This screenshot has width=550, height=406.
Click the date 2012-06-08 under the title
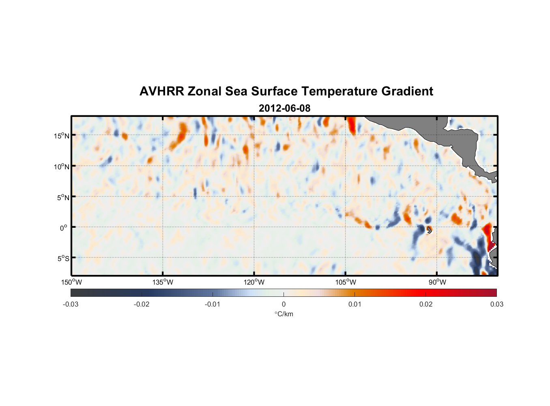pos(284,108)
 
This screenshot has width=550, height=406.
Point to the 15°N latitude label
pos(62,136)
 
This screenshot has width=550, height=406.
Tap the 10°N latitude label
pos(62,166)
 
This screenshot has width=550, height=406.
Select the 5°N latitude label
pos(63,197)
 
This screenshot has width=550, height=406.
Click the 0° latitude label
pos(64,228)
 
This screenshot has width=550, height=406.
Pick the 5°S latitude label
pos(63,259)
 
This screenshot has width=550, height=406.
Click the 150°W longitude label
pos(71,282)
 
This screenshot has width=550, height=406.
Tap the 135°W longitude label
pos(163,282)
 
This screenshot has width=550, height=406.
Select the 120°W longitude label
pos(254,282)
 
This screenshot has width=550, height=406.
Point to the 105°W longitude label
pos(346,282)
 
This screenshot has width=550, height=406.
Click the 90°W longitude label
pos(437,282)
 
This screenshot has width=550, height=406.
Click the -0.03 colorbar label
pos(71,304)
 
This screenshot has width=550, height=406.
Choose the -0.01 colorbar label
pos(212,304)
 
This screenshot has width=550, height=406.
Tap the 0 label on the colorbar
pos(284,304)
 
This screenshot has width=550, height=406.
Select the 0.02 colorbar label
pos(426,304)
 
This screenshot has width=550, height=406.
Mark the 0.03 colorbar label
pos(496,304)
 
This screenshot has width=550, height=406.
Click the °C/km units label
pos(284,314)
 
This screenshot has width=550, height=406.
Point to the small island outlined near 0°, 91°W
pos(429,230)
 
